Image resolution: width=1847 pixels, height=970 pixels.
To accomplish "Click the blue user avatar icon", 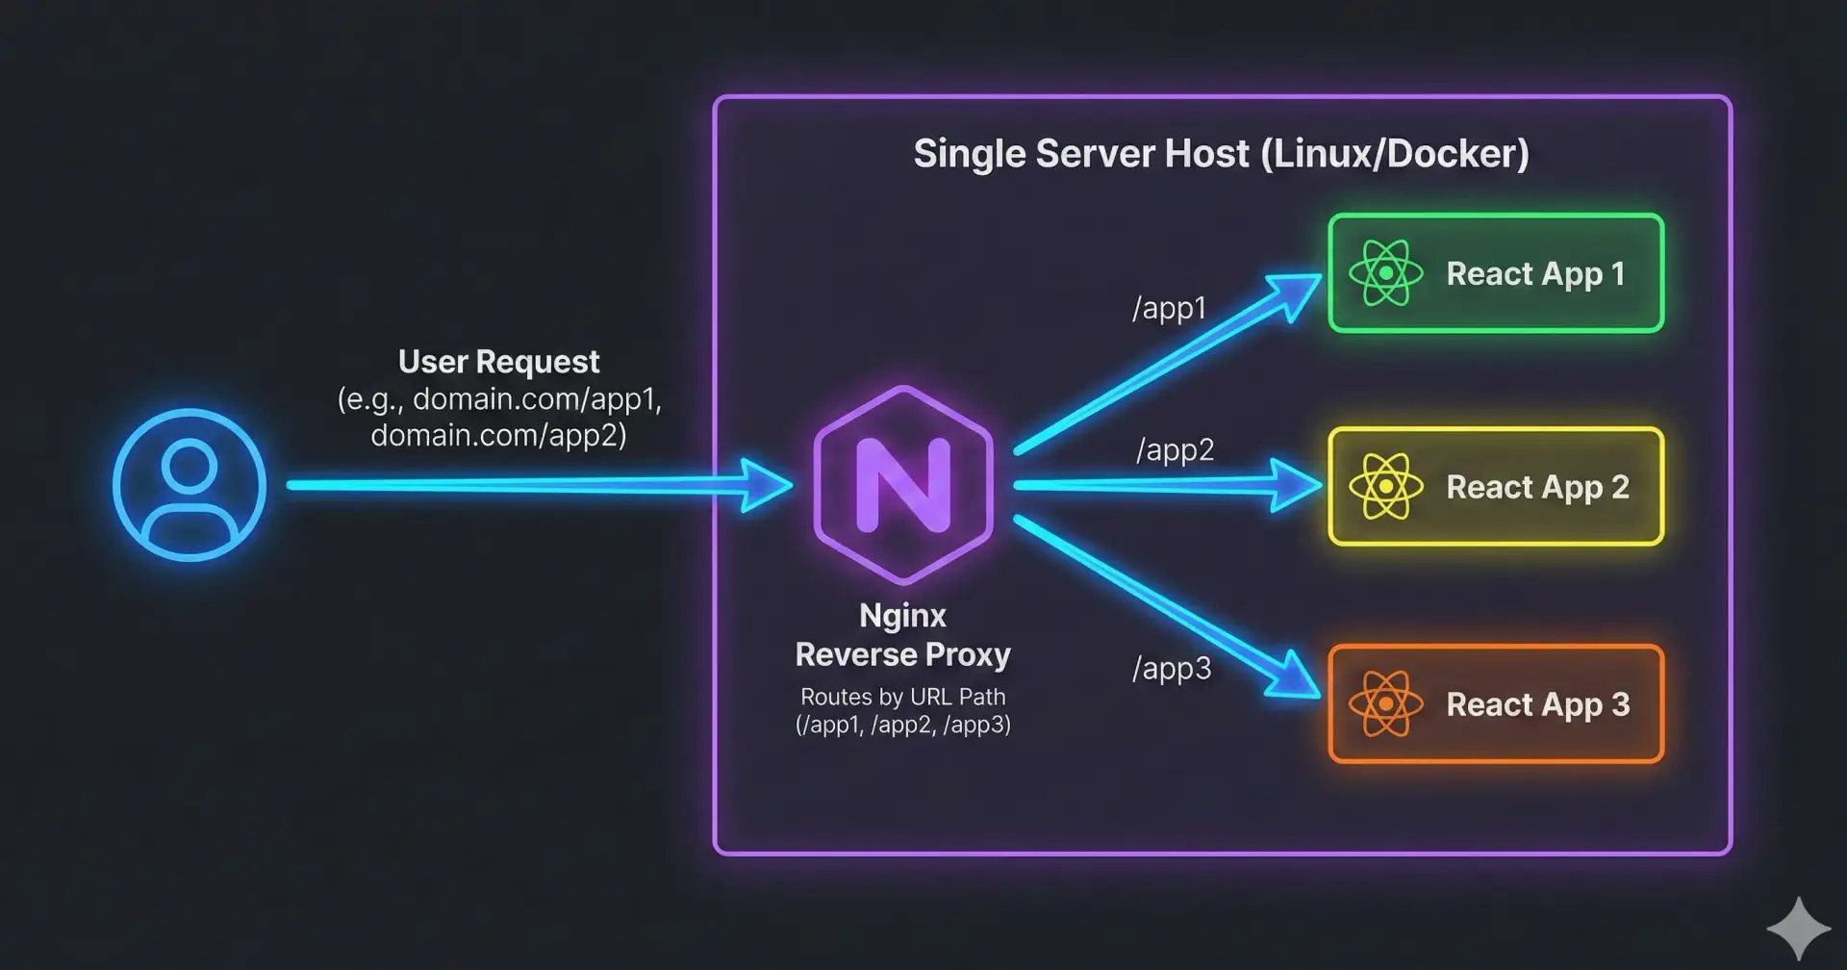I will (x=190, y=484).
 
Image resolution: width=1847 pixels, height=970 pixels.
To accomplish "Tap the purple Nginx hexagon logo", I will (x=902, y=484).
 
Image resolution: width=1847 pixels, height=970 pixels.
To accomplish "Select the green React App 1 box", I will (x=1495, y=273).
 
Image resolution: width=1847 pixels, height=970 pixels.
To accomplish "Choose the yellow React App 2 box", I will (x=1495, y=487).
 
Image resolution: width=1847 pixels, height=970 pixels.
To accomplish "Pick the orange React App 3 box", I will (x=1495, y=704).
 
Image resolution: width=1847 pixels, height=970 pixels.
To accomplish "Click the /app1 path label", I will (x=1169, y=308).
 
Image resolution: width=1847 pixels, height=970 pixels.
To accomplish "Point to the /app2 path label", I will (x=1175, y=449).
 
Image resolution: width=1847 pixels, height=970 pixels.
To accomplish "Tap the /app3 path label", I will (x=1171, y=668).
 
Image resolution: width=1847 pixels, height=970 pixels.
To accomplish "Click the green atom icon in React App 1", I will (x=1385, y=273).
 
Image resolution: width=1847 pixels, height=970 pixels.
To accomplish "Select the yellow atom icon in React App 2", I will (x=1385, y=487).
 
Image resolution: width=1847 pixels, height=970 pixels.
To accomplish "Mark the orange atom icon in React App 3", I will (x=1385, y=704).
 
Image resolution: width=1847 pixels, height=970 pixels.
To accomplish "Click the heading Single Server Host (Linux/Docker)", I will (x=1221, y=154).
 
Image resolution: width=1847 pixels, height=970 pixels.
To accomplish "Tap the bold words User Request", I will (x=498, y=362).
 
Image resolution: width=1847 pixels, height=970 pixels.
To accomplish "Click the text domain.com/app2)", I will (x=498, y=435).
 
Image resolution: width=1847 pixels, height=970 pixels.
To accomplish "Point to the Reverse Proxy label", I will (x=902, y=654).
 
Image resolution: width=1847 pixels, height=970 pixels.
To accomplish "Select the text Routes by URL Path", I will (x=902, y=697).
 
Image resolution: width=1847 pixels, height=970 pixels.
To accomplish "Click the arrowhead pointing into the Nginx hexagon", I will (x=766, y=485).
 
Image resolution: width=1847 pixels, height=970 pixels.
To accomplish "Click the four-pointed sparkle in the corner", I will (x=1798, y=929).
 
